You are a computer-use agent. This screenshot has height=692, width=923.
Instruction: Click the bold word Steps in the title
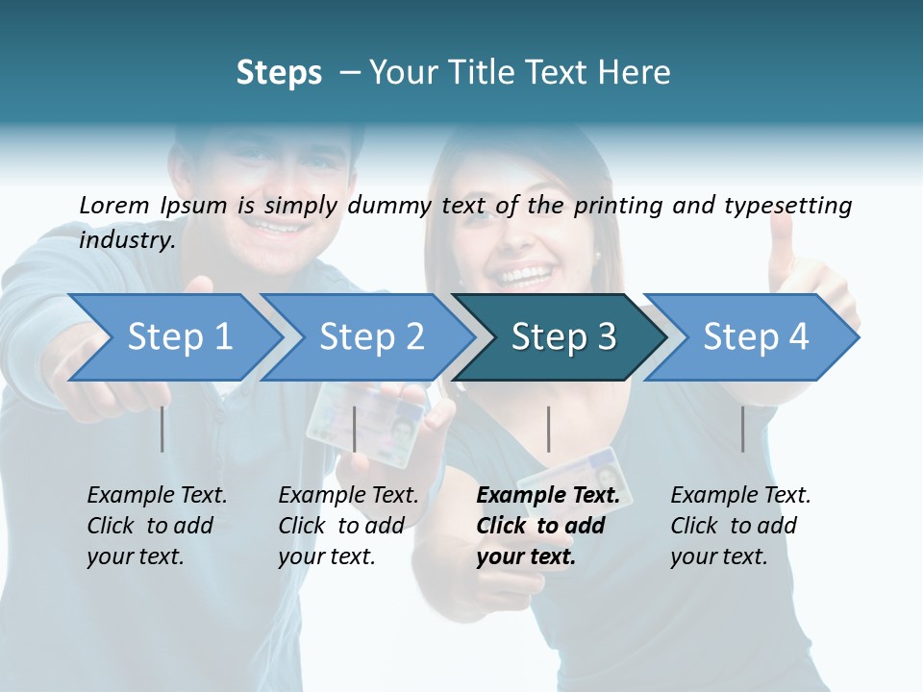pos(279,73)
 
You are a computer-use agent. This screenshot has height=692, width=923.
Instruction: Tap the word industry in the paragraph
pos(126,239)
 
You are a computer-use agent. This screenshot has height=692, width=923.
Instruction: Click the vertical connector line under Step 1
pos(162,429)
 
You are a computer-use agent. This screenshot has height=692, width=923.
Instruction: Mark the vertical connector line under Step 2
pos(355,429)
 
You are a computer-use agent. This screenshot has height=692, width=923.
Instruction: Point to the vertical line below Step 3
pos(549,429)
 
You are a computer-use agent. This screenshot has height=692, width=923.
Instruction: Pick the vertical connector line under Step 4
pos(742,429)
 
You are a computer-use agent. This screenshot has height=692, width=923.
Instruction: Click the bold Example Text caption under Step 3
pos(548,525)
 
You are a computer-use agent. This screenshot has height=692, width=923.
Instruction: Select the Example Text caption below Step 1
pos(157,525)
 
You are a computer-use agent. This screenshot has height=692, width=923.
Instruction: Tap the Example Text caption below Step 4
pos(740,525)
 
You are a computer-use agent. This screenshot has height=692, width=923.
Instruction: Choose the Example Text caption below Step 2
pos(348,525)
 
